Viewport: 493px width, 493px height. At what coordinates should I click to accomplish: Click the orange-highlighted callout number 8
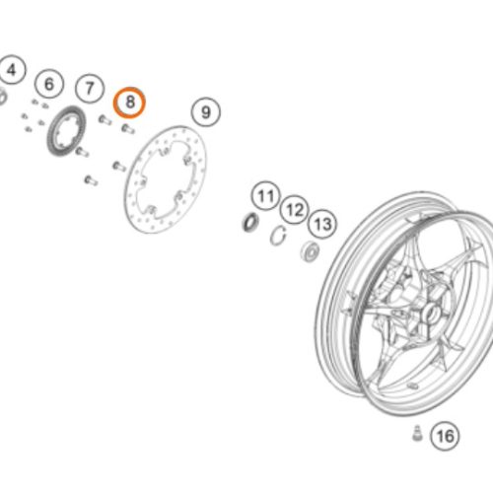[x=130, y=102]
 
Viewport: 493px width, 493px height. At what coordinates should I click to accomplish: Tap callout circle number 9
[x=204, y=113]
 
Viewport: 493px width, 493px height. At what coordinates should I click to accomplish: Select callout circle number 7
[x=90, y=90]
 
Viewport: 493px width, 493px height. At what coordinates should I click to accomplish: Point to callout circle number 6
[x=49, y=83]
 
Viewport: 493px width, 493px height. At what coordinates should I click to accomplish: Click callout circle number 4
[x=11, y=71]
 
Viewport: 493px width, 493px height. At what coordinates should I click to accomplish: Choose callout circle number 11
[x=263, y=193]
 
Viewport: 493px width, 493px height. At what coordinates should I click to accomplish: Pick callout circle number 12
[x=293, y=209]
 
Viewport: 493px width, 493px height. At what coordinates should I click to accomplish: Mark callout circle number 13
[x=323, y=224]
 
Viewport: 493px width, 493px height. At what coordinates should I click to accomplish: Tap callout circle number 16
[x=445, y=435]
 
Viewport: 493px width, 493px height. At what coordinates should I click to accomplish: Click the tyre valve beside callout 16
[x=416, y=433]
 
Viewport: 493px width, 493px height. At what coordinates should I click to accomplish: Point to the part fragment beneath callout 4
[x=3, y=97]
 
